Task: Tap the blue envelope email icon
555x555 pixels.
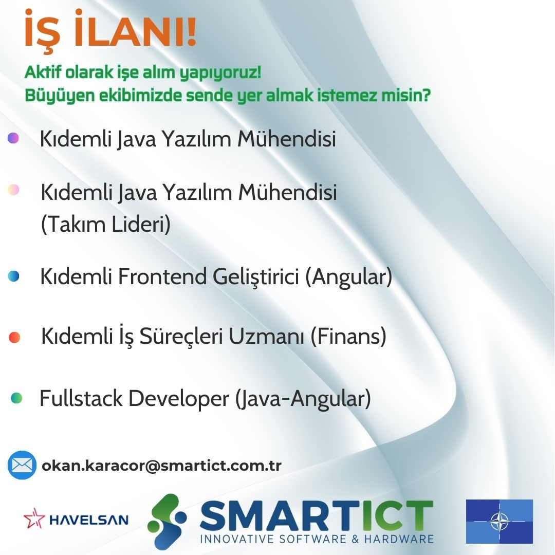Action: pyautogui.click(x=22, y=465)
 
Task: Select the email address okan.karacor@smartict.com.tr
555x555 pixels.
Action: pyautogui.click(x=161, y=466)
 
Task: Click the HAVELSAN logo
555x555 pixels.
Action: pyautogui.click(x=76, y=519)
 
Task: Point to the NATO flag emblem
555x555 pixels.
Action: pyautogui.click(x=499, y=521)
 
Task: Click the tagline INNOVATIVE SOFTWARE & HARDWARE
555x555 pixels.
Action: pyautogui.click(x=317, y=539)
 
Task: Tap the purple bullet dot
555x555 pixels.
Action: pyautogui.click(x=13, y=138)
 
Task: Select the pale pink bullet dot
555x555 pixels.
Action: pyautogui.click(x=13, y=190)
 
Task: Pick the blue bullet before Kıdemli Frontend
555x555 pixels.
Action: pyautogui.click(x=13, y=276)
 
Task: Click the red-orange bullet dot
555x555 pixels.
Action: pyautogui.click(x=14, y=337)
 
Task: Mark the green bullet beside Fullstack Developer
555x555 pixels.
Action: pyautogui.click(x=16, y=398)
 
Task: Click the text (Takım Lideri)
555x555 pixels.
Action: pyautogui.click(x=105, y=225)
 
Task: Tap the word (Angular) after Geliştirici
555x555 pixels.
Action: pyautogui.click(x=348, y=277)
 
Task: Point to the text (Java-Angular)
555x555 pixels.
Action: pyautogui.click(x=303, y=399)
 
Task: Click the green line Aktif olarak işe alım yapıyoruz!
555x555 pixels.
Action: pyautogui.click(x=143, y=73)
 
